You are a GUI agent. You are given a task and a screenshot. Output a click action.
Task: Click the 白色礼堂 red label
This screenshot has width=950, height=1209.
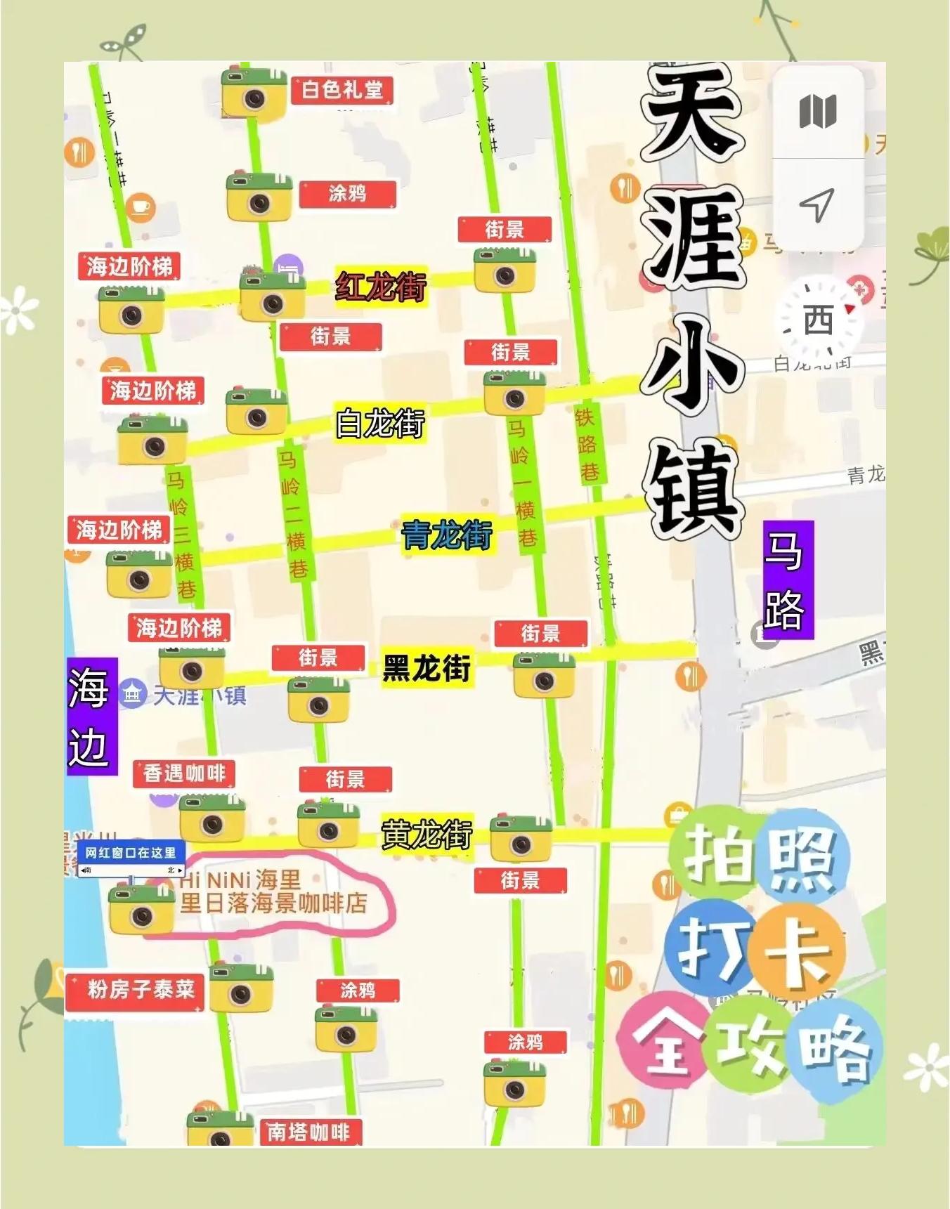pos(342,90)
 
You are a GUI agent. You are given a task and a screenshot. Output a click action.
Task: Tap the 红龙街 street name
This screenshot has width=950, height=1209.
pos(381,286)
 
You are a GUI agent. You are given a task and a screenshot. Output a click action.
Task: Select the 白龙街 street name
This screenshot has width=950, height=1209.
pos(380,423)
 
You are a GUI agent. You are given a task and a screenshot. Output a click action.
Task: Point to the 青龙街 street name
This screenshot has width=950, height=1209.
pos(447,535)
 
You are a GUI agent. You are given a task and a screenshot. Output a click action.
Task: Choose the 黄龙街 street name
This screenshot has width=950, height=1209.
pos(427,835)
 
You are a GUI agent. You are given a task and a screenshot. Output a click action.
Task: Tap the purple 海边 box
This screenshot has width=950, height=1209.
pos(91,716)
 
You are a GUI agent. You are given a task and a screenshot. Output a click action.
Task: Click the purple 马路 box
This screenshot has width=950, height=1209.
pos(788,580)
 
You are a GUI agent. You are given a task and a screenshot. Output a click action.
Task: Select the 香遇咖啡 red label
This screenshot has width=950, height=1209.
pos(184,773)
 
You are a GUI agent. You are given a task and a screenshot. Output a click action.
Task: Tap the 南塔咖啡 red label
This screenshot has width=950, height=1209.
pos(308,1132)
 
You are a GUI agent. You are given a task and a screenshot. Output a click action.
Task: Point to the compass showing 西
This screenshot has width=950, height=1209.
pos(819,320)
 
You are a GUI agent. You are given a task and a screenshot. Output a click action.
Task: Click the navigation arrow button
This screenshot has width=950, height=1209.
pos(817,205)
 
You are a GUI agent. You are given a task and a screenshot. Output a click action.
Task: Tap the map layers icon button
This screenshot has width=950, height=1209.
pos(818,112)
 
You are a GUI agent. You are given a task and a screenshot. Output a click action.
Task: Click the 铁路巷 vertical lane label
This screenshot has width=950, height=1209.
pos(586,444)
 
